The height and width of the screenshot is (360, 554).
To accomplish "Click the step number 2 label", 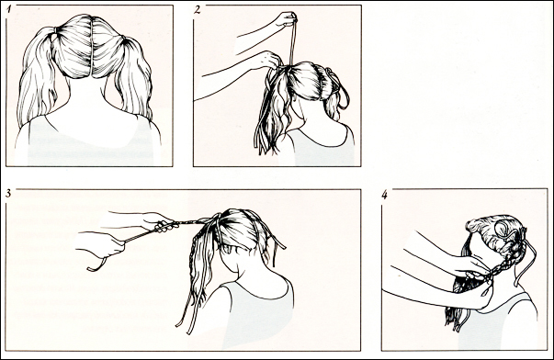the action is (x=198, y=9).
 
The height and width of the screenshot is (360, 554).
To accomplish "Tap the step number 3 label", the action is (x=8, y=193).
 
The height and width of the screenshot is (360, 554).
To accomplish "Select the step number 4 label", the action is (x=384, y=195).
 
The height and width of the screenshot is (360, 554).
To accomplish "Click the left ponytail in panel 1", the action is (x=37, y=78).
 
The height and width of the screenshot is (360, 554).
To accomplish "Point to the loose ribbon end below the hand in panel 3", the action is (x=96, y=264).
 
